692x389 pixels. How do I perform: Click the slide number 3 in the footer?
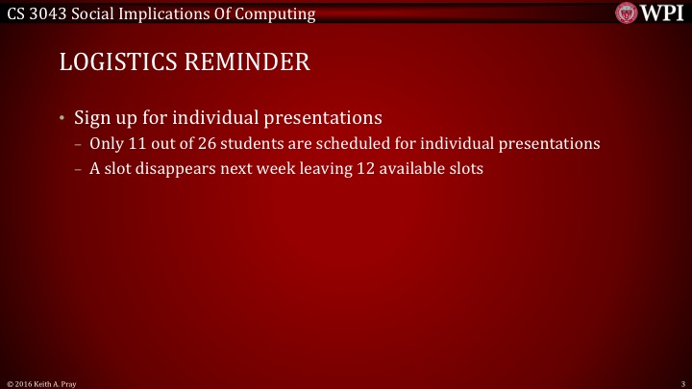click(x=681, y=383)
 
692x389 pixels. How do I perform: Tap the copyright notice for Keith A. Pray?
click(x=41, y=383)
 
